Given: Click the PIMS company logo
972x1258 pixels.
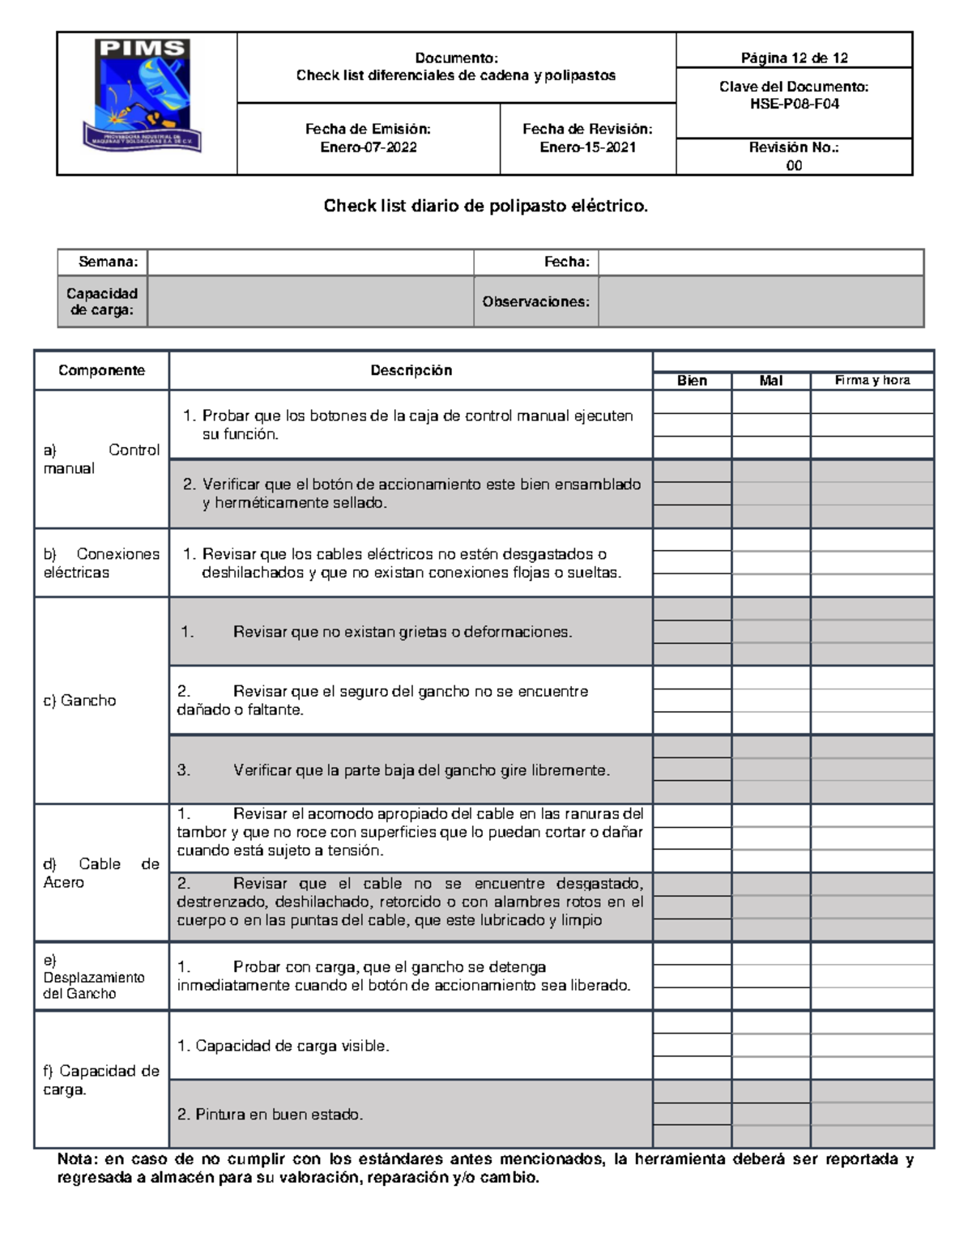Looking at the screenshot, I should pos(143,96).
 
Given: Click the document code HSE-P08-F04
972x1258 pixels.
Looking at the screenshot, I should pos(794,104).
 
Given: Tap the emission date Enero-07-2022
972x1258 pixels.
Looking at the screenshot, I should pos(368,147).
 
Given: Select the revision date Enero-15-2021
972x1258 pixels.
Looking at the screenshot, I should pos(587,147).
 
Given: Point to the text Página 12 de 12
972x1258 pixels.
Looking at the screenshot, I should pos(794,58).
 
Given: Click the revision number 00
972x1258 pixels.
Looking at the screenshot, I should pos(794,165).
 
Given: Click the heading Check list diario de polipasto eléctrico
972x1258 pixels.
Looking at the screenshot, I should pos(486,206).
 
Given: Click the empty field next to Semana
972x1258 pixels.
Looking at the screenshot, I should pos(310,262).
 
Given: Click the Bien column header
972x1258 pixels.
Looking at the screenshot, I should pos(692,381).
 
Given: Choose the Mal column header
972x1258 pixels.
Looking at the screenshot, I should pos(770,381).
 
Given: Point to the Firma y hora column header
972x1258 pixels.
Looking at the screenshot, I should pos(872,380).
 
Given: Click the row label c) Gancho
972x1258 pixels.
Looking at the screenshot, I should pos(79,701).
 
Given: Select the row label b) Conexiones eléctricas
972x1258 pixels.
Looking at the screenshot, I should pos(100,563).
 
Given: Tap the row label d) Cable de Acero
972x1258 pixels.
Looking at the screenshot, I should pos(100,872).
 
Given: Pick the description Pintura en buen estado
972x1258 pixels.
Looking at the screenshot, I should pos(271,1115).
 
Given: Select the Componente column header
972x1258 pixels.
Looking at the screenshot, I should pos(101,370).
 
